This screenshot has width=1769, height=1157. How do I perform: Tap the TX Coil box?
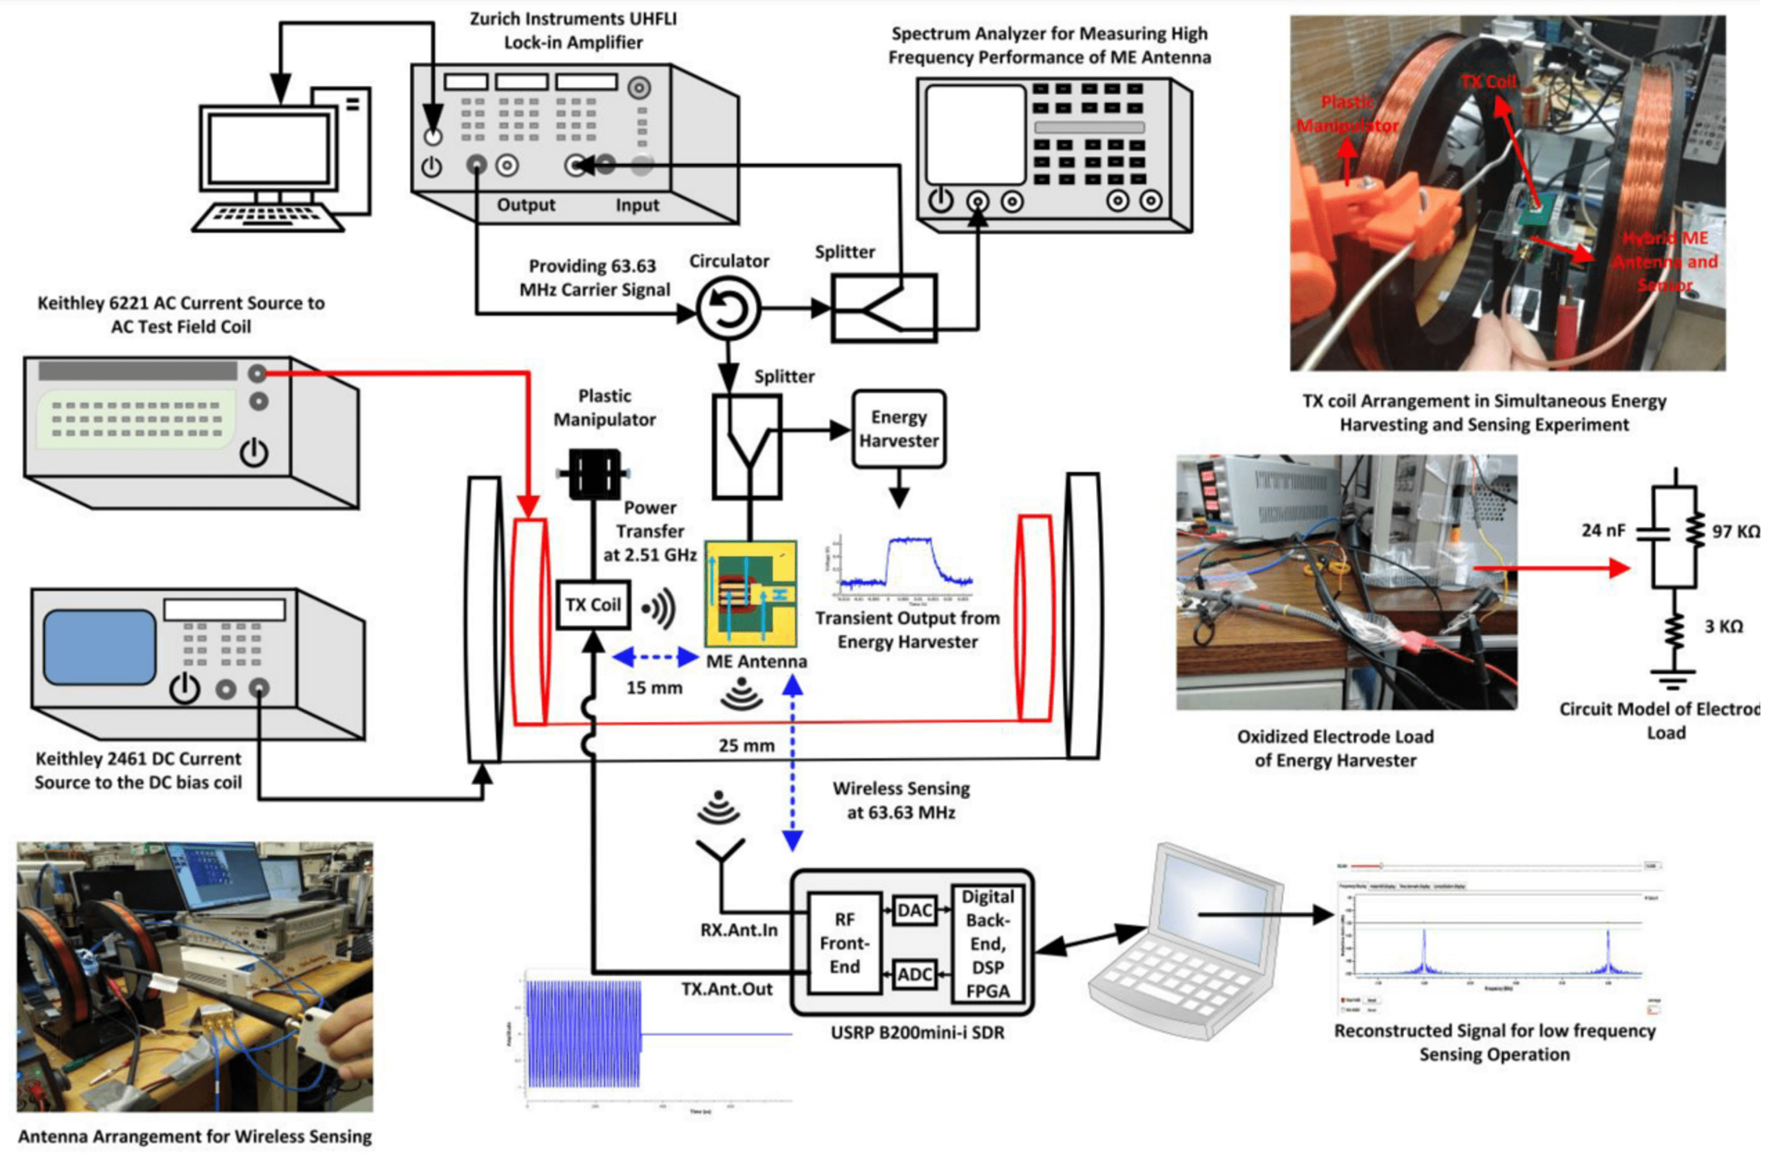tap(592, 605)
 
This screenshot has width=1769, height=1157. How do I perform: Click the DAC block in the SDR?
tap(914, 910)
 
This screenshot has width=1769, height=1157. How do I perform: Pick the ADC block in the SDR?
tap(914, 975)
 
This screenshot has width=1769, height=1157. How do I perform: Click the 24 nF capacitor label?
tap(1603, 530)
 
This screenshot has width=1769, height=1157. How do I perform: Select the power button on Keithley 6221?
tap(253, 452)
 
